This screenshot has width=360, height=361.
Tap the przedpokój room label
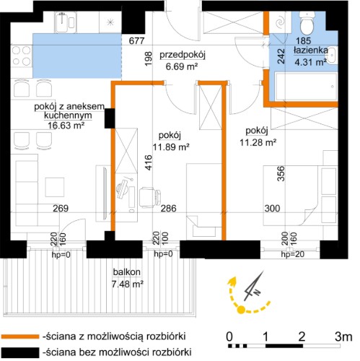point(183,55)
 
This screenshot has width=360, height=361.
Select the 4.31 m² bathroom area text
point(310,62)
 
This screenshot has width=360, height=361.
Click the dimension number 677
point(136,40)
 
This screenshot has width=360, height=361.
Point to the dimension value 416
point(149,162)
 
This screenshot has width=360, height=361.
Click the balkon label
point(127,272)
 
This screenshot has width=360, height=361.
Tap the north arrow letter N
point(257,292)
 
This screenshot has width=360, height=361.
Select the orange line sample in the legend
point(19,336)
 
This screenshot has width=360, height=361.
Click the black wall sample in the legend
point(19,352)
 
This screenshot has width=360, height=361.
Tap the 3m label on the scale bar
point(343,336)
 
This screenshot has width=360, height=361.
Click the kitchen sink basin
point(62,22)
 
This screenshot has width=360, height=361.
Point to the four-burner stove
point(22,56)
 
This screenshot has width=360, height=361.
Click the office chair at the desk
point(150,197)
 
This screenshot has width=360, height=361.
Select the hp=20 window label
point(292,254)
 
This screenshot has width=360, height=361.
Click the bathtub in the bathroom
point(306,87)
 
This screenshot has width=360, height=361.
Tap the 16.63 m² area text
point(66,126)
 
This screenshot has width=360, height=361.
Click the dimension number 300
point(272,208)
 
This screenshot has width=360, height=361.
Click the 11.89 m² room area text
point(171,147)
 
